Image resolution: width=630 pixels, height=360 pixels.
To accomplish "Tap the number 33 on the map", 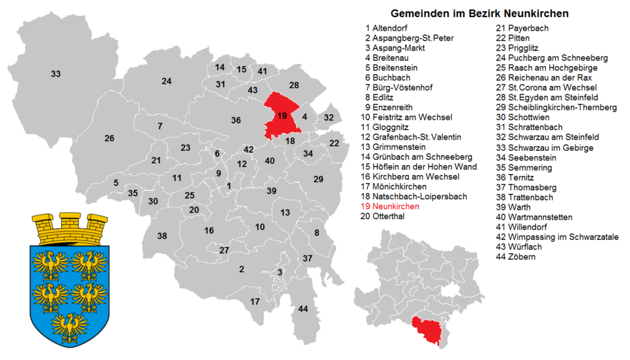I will [56, 74].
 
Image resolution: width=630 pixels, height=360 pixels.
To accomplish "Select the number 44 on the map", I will [303, 308].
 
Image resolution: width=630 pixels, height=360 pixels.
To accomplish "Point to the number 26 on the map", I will [109, 138].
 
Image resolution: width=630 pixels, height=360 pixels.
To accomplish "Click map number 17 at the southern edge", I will [255, 302].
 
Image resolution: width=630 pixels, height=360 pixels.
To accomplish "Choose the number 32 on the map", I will [329, 117].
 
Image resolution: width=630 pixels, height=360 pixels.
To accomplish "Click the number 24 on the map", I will [167, 81].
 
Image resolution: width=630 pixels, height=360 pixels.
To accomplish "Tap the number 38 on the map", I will [162, 236].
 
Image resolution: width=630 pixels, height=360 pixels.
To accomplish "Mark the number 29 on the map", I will [318, 179].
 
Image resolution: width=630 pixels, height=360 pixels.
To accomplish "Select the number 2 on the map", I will [241, 269].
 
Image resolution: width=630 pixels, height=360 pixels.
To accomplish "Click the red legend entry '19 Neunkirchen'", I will [390, 207].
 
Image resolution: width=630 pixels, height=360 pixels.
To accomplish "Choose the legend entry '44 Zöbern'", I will [516, 256].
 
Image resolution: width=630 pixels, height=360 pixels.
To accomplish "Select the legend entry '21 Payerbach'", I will [522, 28].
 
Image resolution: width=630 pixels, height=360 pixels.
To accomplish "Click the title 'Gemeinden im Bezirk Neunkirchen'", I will [479, 13].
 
